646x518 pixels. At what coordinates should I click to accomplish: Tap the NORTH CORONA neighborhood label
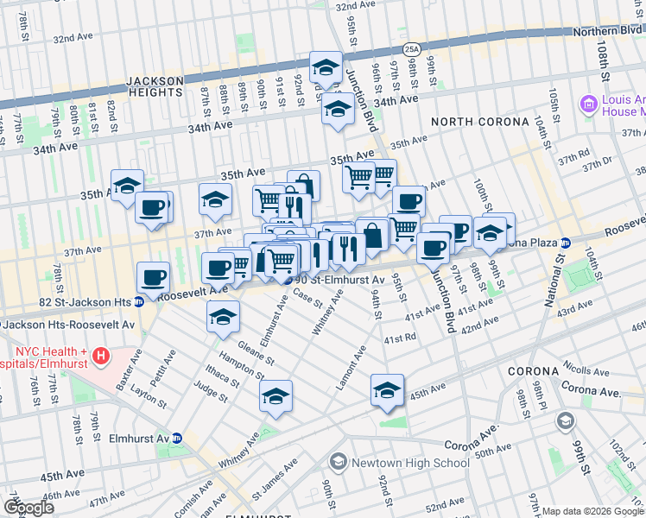tap(479, 122)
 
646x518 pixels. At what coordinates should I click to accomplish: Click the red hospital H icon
tap(102, 355)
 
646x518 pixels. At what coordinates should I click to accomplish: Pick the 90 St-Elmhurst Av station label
tap(339, 281)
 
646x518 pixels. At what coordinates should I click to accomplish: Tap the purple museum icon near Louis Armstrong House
tap(591, 105)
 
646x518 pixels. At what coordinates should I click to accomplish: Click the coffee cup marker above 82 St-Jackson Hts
tap(153, 276)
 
